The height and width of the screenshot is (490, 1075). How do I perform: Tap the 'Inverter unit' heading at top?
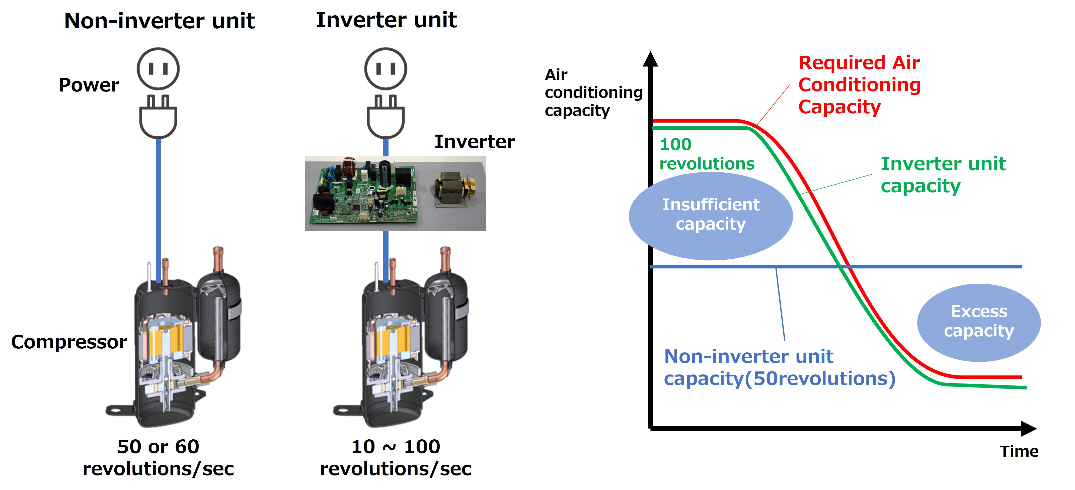(x=386, y=20)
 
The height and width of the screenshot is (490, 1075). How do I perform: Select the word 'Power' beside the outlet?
(x=89, y=85)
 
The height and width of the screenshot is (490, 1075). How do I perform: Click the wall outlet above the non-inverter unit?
(x=158, y=69)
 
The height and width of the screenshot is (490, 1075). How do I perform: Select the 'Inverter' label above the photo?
(x=475, y=142)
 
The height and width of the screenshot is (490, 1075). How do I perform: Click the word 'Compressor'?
(x=69, y=342)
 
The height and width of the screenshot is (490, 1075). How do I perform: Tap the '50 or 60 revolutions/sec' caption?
(x=158, y=457)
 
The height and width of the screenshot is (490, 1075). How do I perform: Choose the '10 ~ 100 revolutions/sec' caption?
(x=395, y=457)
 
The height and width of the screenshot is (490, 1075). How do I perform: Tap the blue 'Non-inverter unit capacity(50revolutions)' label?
(x=779, y=367)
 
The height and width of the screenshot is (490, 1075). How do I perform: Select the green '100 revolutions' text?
(x=707, y=154)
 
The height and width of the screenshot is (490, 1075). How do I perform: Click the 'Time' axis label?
(x=1019, y=451)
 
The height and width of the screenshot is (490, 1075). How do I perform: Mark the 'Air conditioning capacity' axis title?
(x=593, y=92)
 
